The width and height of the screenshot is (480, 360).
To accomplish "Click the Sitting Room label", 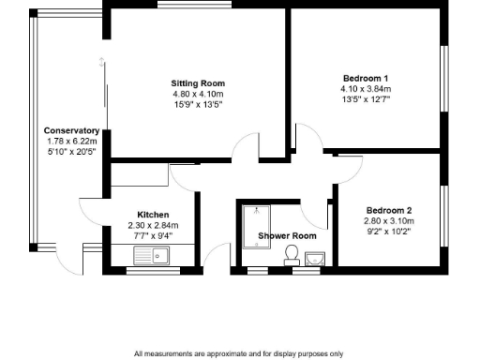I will coord(195,82).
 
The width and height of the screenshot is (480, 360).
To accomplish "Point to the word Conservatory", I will coord(71,130).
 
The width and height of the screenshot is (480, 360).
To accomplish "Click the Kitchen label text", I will coord(153,215).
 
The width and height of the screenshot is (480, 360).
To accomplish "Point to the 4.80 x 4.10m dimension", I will coord(195,94).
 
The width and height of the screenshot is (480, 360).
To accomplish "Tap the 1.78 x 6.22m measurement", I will coord(71,141).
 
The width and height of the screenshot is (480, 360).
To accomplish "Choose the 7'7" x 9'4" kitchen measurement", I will coord(153,236).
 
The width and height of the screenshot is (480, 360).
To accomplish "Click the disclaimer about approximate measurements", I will coord(239,353).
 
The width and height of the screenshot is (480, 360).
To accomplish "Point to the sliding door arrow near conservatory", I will coord(101,63).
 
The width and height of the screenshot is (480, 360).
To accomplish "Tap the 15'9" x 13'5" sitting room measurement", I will coord(195,105).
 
